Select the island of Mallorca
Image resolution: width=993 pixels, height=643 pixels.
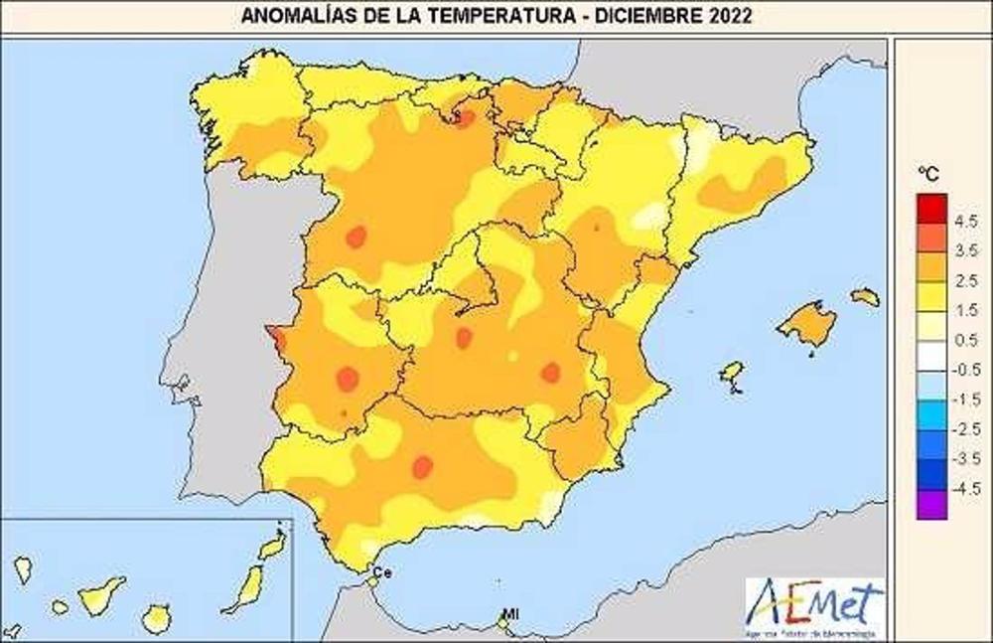coord(807,324)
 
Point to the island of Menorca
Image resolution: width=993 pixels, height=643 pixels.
coord(865,296)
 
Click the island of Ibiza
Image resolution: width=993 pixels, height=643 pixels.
coord(732,373)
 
